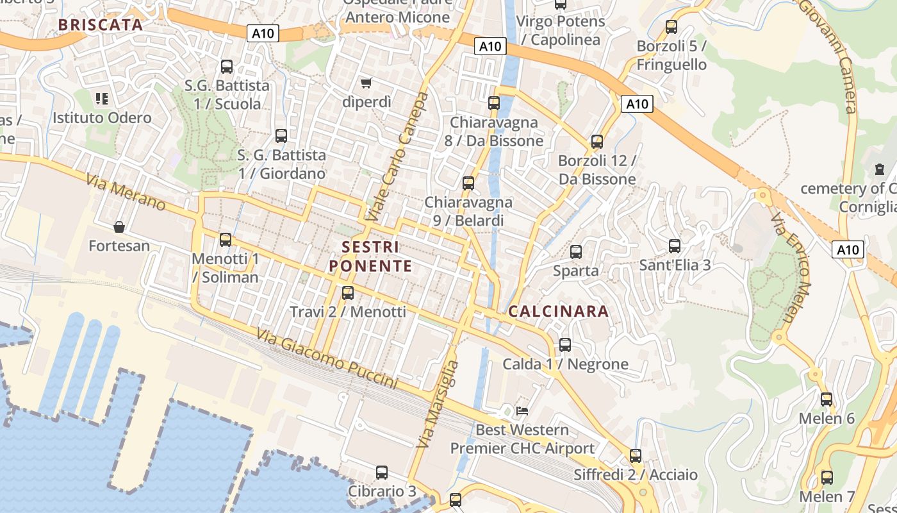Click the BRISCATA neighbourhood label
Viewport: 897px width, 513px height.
[x=100, y=25]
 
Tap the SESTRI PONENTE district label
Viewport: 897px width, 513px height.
[x=370, y=256]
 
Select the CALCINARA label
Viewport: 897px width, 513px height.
[x=558, y=312]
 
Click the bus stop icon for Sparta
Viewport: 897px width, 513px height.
[x=576, y=252]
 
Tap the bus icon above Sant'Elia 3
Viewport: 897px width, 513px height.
[x=674, y=246]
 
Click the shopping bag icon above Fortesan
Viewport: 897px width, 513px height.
[x=119, y=227]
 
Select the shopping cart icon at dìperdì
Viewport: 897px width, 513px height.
[x=366, y=83]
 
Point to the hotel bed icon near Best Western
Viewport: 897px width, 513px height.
[x=522, y=410]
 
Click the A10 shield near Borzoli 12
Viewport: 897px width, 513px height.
[x=637, y=104]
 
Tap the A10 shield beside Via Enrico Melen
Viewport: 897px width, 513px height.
[x=848, y=249]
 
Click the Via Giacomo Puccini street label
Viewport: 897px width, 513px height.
[x=327, y=359]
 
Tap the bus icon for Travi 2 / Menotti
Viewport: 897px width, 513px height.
[x=348, y=293]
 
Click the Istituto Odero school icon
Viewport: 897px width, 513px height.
[x=102, y=99]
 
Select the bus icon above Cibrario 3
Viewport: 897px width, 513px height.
[x=382, y=473]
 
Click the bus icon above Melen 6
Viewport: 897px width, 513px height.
[x=827, y=399]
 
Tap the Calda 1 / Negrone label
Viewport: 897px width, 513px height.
[x=565, y=364]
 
